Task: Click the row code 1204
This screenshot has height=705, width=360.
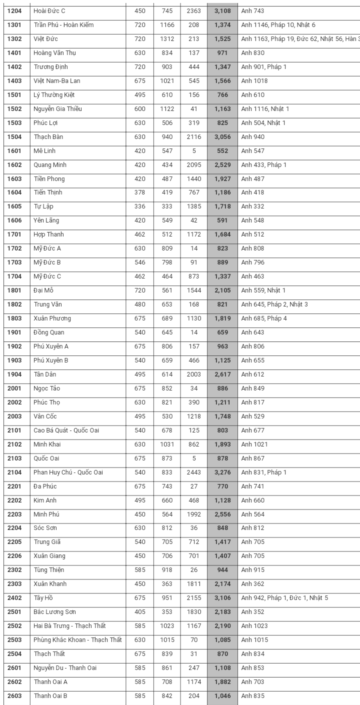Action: pyautogui.click(x=14, y=11)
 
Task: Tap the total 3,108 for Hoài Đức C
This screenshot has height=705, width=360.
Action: pyautogui.click(x=222, y=11)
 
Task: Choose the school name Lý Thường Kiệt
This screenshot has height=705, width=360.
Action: pyautogui.click(x=54, y=95)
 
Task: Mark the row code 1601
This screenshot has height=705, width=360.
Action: pyautogui.click(x=14, y=151)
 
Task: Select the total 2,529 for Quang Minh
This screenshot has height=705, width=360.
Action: pyautogui.click(x=222, y=165)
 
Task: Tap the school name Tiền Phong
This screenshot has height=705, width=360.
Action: pyautogui.click(x=49, y=179)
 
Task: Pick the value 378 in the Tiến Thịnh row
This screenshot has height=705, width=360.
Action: pyautogui.click(x=140, y=192)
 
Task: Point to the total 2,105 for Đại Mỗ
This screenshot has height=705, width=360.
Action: pyautogui.click(x=222, y=290)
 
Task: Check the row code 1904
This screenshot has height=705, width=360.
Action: pyautogui.click(x=14, y=374)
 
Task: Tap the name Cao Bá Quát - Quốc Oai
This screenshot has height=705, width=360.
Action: pyautogui.click(x=66, y=430)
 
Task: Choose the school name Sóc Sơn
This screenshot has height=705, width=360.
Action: pyautogui.click(x=45, y=528)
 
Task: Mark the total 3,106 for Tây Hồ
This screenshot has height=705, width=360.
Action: pyautogui.click(x=222, y=598)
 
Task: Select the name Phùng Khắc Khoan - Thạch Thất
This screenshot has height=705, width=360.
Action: pyautogui.click(x=77, y=640)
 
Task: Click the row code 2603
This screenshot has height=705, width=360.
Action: pyautogui.click(x=14, y=696)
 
